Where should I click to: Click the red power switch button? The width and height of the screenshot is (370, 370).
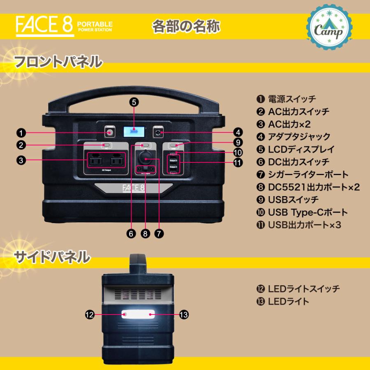coord(110,133)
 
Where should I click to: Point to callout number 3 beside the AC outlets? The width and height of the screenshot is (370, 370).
coord(22,160)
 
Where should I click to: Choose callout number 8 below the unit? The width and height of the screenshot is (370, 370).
coord(145,233)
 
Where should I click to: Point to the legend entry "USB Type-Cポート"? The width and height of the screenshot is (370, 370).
coord(308,213)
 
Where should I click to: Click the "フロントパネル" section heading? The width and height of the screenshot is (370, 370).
coord(58,62)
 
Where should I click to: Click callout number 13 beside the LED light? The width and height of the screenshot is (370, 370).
coord(184,314)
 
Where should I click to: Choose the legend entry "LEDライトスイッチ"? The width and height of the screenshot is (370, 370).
coord(304,289)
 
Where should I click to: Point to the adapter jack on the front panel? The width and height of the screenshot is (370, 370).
coord(158,132)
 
